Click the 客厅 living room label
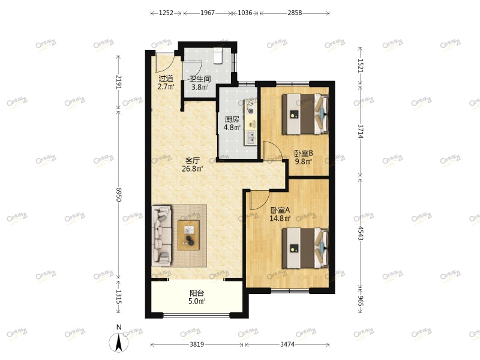[193, 160]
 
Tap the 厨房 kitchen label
[232, 119]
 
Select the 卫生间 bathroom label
[200, 79]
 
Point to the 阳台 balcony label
[197, 293]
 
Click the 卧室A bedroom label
[280, 210]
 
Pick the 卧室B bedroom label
[304, 153]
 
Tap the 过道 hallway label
[166, 79]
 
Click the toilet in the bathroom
[218, 56]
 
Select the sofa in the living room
[161, 235]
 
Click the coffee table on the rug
[189, 235]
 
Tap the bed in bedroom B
[305, 114]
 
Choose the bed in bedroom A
[305, 248]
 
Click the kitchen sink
[251, 138]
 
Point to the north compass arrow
[119, 342]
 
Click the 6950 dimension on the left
[119, 195]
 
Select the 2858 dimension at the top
[295, 13]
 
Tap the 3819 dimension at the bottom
[197, 344]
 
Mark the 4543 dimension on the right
[361, 233]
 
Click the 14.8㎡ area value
[280, 218]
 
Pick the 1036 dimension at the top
[245, 13]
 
